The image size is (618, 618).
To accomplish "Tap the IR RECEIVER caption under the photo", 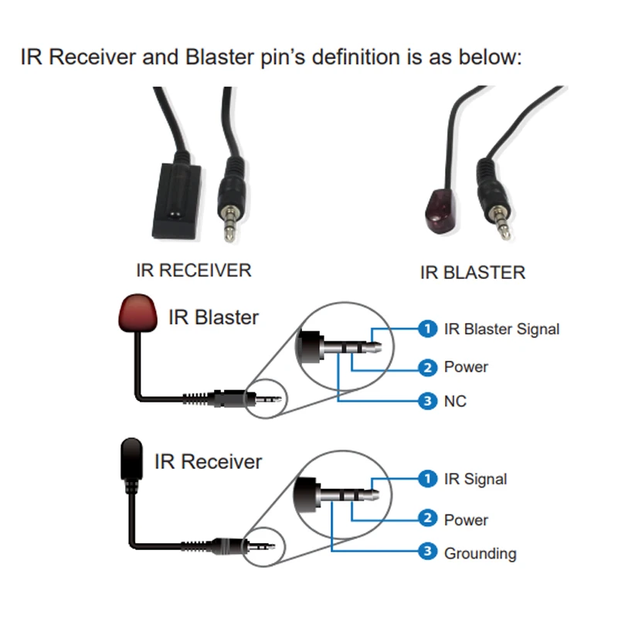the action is point(194,270).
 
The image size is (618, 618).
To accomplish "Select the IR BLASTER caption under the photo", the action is point(473,273).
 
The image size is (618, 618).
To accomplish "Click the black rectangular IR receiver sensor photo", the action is point(177,201).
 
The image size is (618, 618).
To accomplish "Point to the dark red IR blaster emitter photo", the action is point(440,210).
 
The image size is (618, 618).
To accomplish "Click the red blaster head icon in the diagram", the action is point(138,313).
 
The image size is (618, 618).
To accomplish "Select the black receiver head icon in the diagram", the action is point(131,459).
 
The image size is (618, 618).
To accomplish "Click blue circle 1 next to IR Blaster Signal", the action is point(427,329).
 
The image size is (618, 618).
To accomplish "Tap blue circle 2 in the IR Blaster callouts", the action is point(427,368).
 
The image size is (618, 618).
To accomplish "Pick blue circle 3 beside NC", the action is point(427,401).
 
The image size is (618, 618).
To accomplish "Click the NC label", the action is point(455,401).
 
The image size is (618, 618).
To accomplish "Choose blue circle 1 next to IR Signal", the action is point(427,479).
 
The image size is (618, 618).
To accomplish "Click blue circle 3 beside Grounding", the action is point(427,552).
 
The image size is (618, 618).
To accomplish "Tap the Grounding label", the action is point(480,553).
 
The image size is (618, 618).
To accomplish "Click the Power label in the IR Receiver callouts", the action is point(466,520).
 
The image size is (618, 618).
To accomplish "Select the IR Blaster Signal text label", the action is point(501,329).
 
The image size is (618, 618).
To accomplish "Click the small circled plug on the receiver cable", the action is point(263,547).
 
